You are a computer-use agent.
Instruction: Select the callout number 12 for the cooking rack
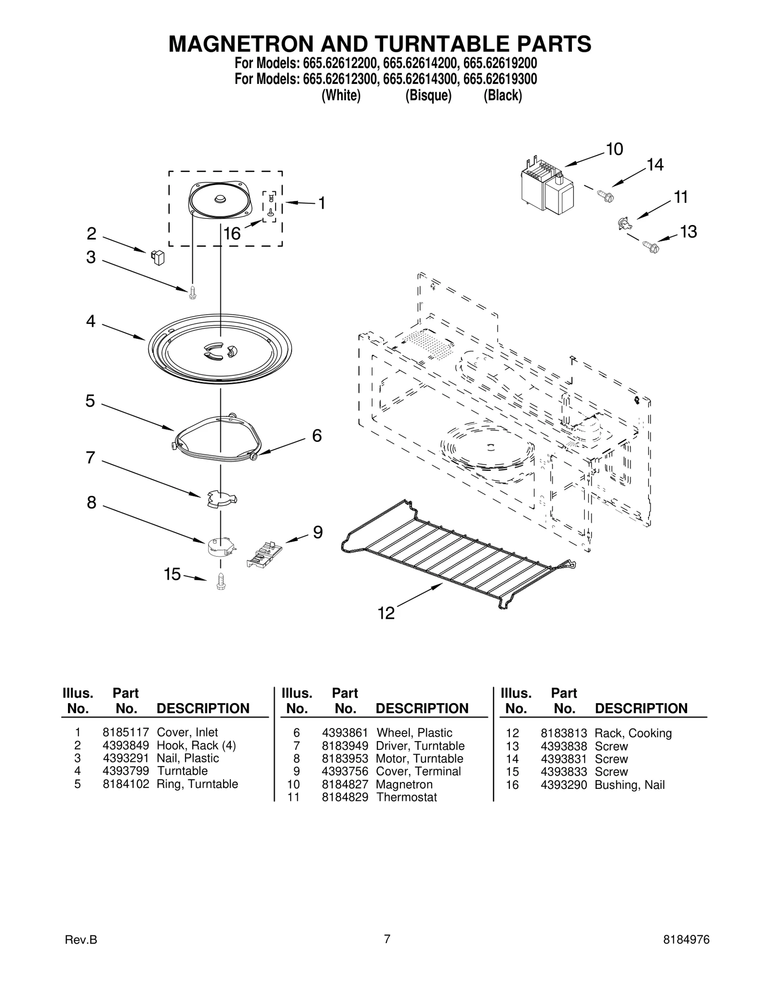click(386, 613)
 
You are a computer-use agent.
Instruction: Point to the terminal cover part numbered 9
click(263, 554)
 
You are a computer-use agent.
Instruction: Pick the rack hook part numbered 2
click(158, 257)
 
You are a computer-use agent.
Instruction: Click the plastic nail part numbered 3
click(193, 292)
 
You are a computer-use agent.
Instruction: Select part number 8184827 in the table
click(345, 784)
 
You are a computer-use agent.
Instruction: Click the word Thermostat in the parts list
click(406, 797)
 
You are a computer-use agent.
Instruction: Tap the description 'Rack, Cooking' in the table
click(633, 733)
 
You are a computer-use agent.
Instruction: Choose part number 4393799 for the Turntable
click(125, 771)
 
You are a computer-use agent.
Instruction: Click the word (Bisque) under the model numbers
click(428, 96)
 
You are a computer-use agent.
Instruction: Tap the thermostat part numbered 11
click(625, 224)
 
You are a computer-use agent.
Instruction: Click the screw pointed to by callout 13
click(651, 248)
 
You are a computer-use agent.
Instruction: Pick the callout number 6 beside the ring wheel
click(317, 436)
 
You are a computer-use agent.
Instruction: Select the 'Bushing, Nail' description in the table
click(629, 785)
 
